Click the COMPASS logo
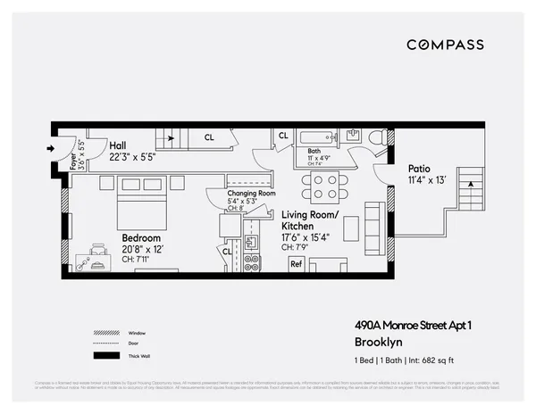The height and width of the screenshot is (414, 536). point(445,45)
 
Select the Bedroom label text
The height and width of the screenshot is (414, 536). point(141,238)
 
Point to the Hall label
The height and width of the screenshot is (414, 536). point(118,145)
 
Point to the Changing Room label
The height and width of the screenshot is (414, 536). point(251,193)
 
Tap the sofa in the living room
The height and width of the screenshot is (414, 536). point(373,229)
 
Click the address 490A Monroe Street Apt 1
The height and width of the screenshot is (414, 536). point(407,327)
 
